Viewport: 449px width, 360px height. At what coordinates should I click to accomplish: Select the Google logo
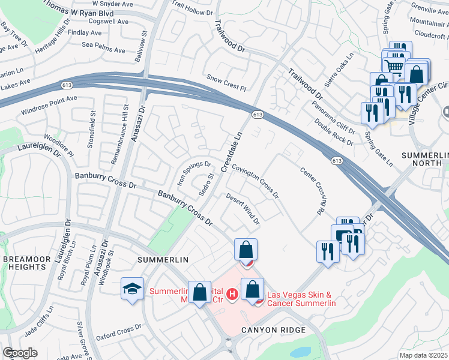pos(20,353)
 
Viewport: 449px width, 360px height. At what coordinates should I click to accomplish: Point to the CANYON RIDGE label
pos(274,330)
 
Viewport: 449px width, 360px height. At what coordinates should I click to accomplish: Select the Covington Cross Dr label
pos(255,182)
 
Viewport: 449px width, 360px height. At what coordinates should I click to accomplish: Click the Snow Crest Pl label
pos(226,83)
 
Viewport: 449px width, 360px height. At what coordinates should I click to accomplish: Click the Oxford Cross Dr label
pos(119,332)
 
